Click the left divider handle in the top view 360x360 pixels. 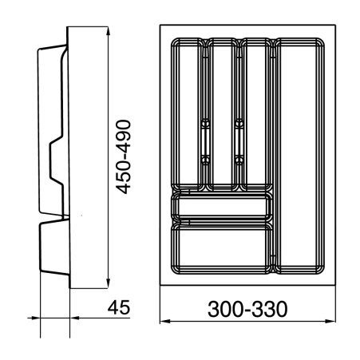205,139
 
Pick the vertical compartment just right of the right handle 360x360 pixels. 256,112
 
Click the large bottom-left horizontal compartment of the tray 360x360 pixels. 221,248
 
